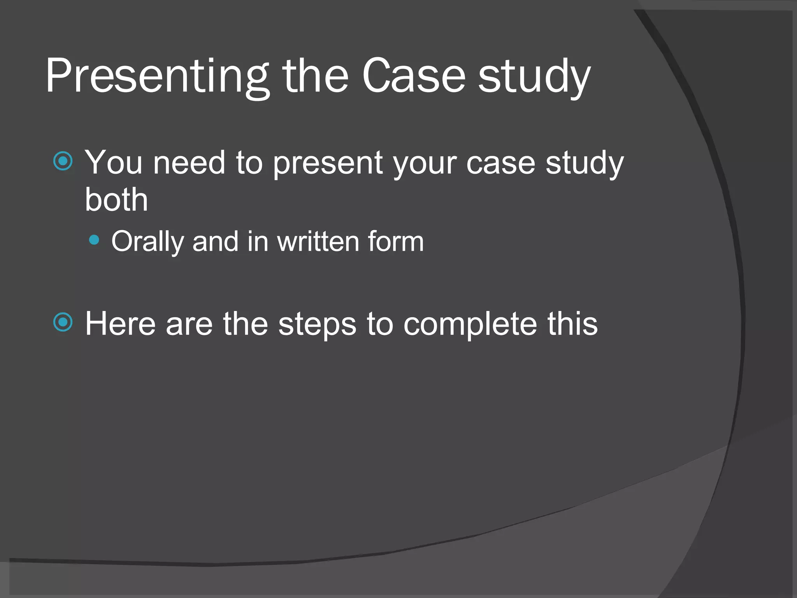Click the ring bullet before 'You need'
point(63,161)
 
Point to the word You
point(114,163)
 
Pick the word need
point(189,163)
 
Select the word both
point(116,199)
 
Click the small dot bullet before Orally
point(94,240)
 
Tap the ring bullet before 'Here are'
point(63,322)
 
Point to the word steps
point(317,324)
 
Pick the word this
point(572,324)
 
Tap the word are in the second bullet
point(189,324)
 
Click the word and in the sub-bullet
point(215,241)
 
